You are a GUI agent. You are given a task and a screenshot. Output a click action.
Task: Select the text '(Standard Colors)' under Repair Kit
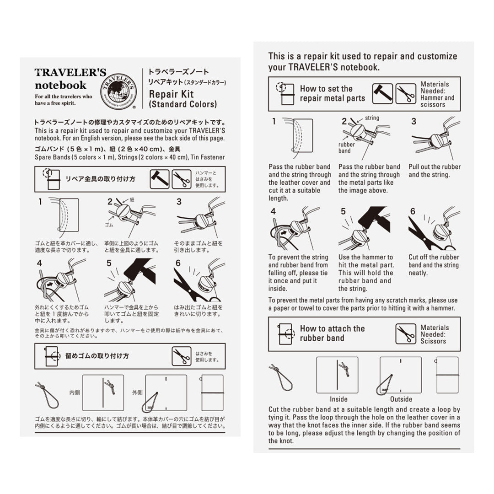(x=183, y=104)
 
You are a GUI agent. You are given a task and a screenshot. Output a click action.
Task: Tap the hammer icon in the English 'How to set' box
(x=382, y=93)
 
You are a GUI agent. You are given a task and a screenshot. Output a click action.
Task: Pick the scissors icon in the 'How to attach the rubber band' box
(x=405, y=334)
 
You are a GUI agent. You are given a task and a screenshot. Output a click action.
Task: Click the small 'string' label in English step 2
(x=372, y=118)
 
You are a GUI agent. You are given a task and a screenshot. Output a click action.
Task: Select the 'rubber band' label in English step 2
(x=346, y=147)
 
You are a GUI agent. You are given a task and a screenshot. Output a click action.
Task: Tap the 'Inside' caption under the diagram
(x=338, y=399)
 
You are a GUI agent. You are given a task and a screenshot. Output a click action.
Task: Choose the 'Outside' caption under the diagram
(x=401, y=399)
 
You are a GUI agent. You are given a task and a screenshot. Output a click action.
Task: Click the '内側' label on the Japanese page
(x=75, y=392)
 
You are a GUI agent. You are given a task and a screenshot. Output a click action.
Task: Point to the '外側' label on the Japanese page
(x=137, y=392)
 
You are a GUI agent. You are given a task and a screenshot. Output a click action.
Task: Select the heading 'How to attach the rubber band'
(x=332, y=333)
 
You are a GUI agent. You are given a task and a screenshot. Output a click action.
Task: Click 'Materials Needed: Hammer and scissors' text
(x=438, y=94)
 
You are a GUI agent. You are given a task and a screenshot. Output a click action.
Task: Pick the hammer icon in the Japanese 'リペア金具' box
(x=159, y=179)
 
